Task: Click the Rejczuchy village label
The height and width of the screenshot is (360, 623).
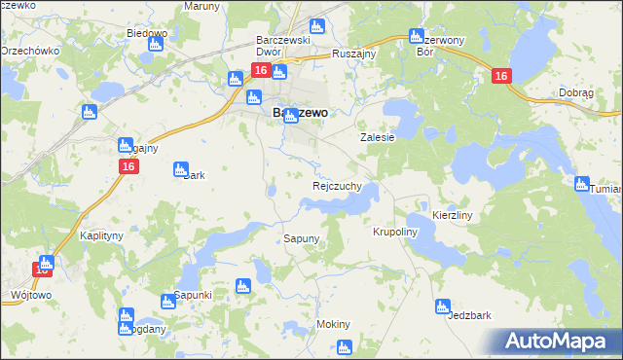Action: pyautogui.click(x=338, y=185)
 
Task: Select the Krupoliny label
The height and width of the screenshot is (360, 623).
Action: pyautogui.click(x=394, y=233)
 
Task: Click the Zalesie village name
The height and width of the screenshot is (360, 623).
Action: pyautogui.click(x=378, y=138)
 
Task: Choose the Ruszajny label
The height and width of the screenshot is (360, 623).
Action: pyautogui.click(x=354, y=54)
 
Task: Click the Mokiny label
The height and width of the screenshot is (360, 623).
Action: pyautogui.click(x=333, y=324)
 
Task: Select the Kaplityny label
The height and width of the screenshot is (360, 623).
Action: pyautogui.click(x=100, y=236)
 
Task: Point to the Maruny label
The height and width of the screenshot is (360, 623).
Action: pyautogui.click(x=202, y=6)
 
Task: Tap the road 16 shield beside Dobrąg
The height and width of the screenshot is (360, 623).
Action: pyautogui.click(x=501, y=77)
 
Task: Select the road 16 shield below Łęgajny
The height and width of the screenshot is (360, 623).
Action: pyautogui.click(x=128, y=167)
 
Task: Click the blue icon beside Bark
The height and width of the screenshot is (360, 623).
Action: pyautogui.click(x=180, y=169)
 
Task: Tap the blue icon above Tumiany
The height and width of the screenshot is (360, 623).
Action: pyautogui.click(x=582, y=184)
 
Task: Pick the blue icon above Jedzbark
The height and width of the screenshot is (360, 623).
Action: pyautogui.click(x=444, y=307)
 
